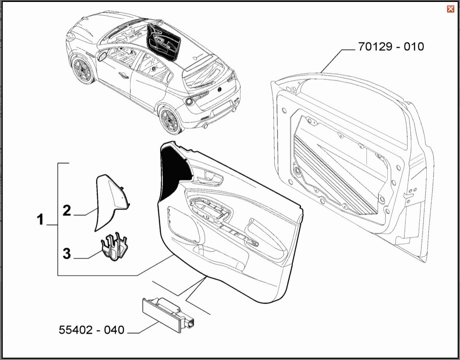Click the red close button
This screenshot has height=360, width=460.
450,9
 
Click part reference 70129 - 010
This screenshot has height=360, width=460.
391,47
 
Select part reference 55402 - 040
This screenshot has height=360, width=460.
92,330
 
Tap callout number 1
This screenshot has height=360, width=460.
40,220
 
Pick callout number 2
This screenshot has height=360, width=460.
67,211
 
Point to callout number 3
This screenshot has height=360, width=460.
67,254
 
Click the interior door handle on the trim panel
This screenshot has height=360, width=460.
210,179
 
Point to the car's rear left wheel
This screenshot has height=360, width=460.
170,120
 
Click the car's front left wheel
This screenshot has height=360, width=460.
82,70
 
